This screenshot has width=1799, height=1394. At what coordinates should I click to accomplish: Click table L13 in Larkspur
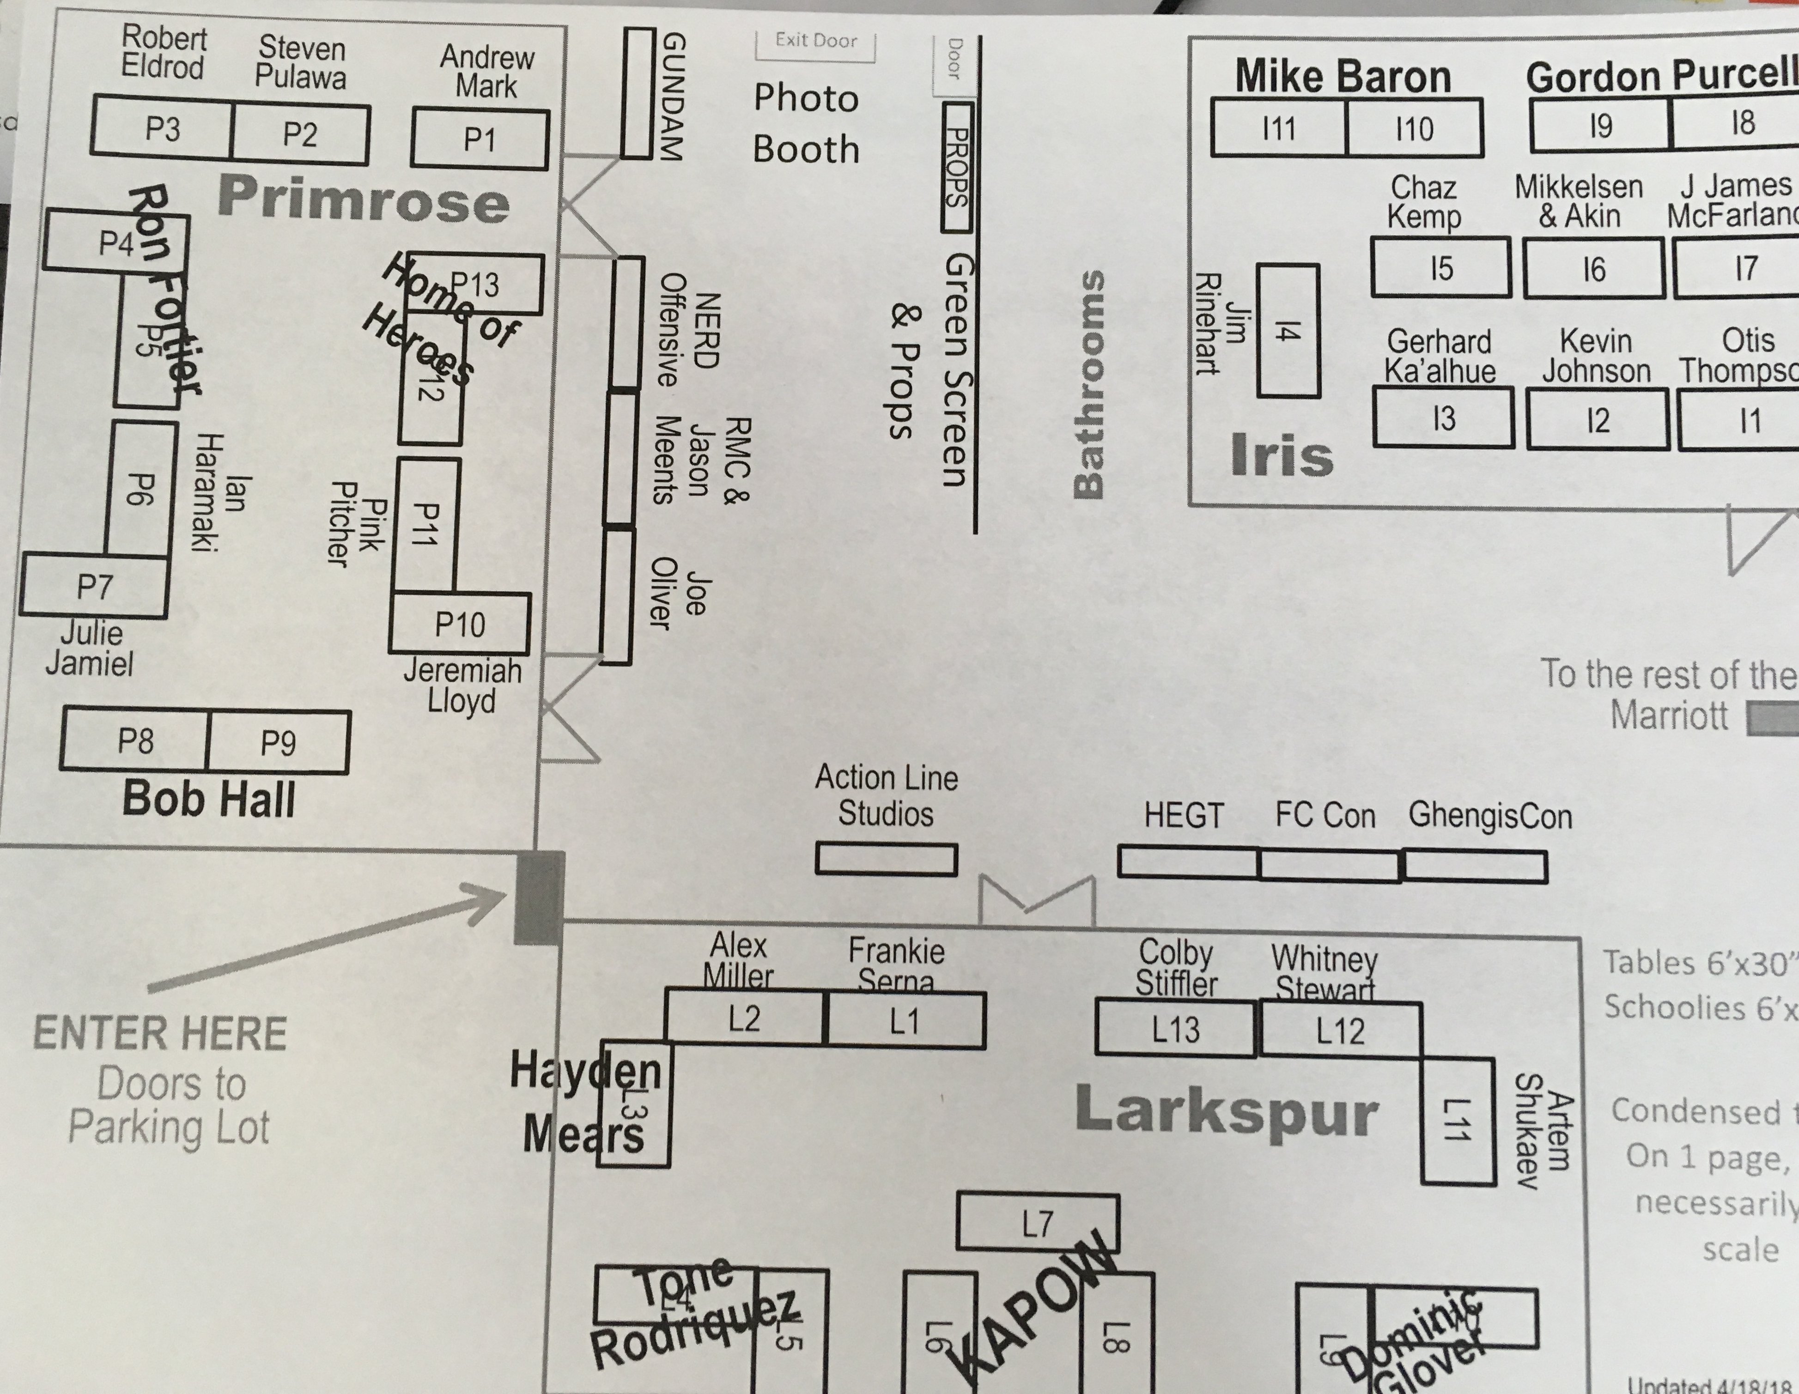1175,1029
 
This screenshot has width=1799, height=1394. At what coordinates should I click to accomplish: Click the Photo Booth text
806,123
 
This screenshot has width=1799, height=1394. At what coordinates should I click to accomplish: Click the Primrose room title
363,200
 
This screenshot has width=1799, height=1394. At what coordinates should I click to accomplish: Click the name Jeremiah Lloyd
462,686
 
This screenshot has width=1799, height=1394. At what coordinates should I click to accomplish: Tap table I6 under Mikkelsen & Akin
1593,268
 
